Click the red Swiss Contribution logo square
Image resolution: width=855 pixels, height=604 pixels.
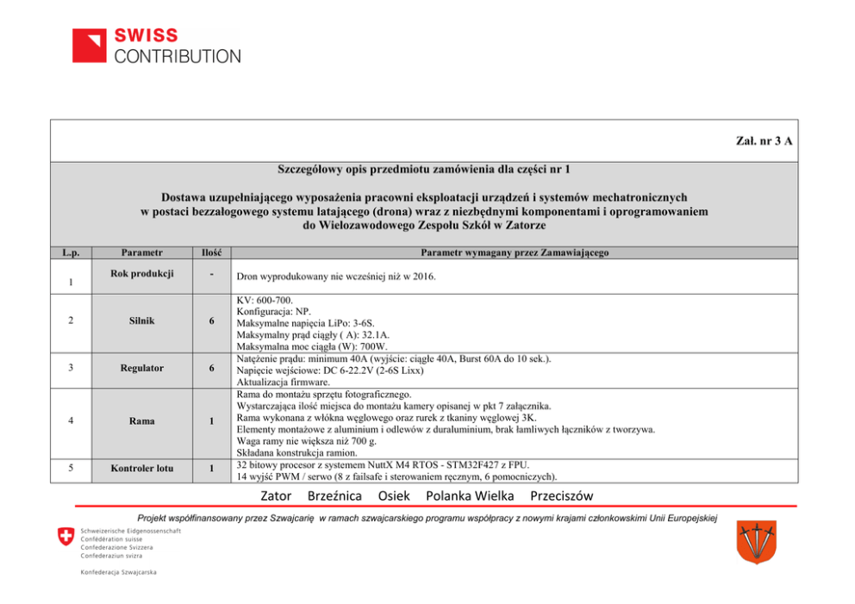[x=89, y=46]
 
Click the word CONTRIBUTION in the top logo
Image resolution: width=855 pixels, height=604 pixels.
[x=178, y=57]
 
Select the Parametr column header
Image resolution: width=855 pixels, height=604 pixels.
[x=142, y=252]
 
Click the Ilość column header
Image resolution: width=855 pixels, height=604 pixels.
[x=211, y=252]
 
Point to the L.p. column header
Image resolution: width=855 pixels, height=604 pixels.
[x=71, y=252]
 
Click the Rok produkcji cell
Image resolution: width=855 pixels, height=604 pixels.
[x=142, y=274]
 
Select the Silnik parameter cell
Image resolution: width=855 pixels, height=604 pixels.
[x=142, y=321]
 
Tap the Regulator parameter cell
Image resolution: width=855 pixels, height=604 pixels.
[x=142, y=368]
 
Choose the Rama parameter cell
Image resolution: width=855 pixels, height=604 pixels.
[x=142, y=421]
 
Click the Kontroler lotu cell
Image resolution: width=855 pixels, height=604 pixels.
[x=142, y=469]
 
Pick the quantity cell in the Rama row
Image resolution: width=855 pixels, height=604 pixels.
[x=211, y=421]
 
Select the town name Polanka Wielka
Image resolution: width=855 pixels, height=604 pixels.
[x=470, y=495]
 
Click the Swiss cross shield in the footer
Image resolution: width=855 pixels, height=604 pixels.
[x=66, y=538]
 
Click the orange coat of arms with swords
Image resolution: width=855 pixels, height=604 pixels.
[x=756, y=541]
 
